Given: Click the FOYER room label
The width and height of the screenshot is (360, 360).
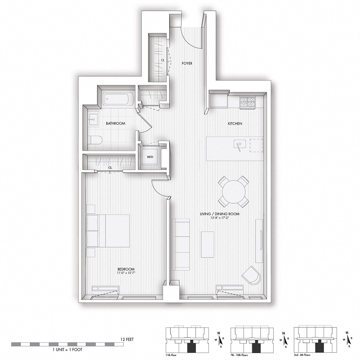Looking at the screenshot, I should click(187, 64).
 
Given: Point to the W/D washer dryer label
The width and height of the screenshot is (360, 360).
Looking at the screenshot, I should click(150, 157).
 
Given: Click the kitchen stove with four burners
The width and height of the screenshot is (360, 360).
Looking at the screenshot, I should click(247, 102).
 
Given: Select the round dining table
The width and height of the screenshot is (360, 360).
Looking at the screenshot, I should click(233, 192).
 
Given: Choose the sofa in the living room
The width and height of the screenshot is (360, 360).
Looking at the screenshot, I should click(181, 244).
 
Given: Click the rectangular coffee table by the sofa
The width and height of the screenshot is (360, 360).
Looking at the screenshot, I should click(208, 244).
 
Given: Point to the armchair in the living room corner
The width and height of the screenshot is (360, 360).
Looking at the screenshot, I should click(252, 275).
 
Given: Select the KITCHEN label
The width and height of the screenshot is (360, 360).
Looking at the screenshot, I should click(235, 123).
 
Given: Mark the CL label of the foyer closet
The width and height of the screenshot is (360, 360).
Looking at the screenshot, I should click(162, 60).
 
